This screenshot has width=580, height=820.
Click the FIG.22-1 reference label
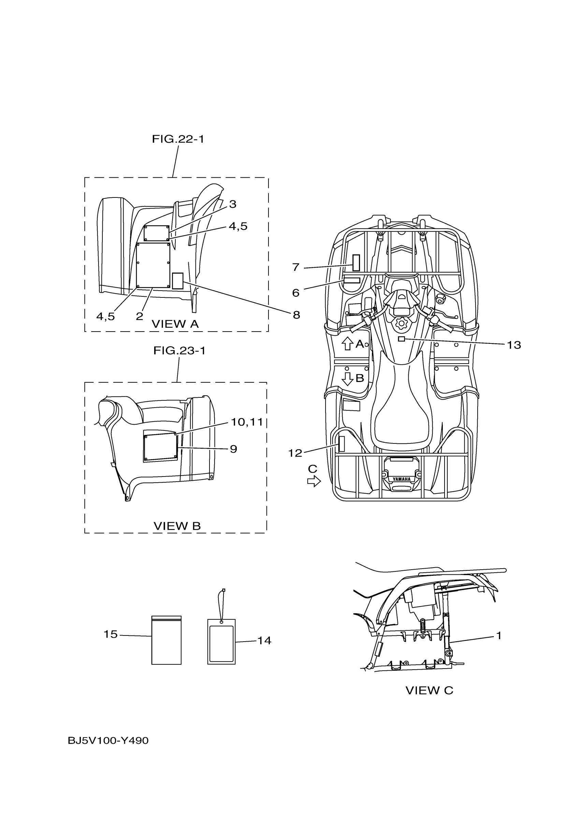[x=178, y=139]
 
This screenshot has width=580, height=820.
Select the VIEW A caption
[x=175, y=324]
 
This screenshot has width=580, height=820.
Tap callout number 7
[x=296, y=267]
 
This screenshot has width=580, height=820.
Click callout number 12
[x=295, y=453]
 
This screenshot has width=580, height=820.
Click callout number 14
[x=264, y=640]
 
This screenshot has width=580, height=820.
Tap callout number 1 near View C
[x=499, y=635]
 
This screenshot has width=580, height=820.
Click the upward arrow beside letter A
[x=347, y=343]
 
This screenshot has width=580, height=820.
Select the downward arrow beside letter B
[x=347, y=379]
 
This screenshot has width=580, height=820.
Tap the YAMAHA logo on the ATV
[x=402, y=479]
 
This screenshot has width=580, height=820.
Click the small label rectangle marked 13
[x=402, y=339]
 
